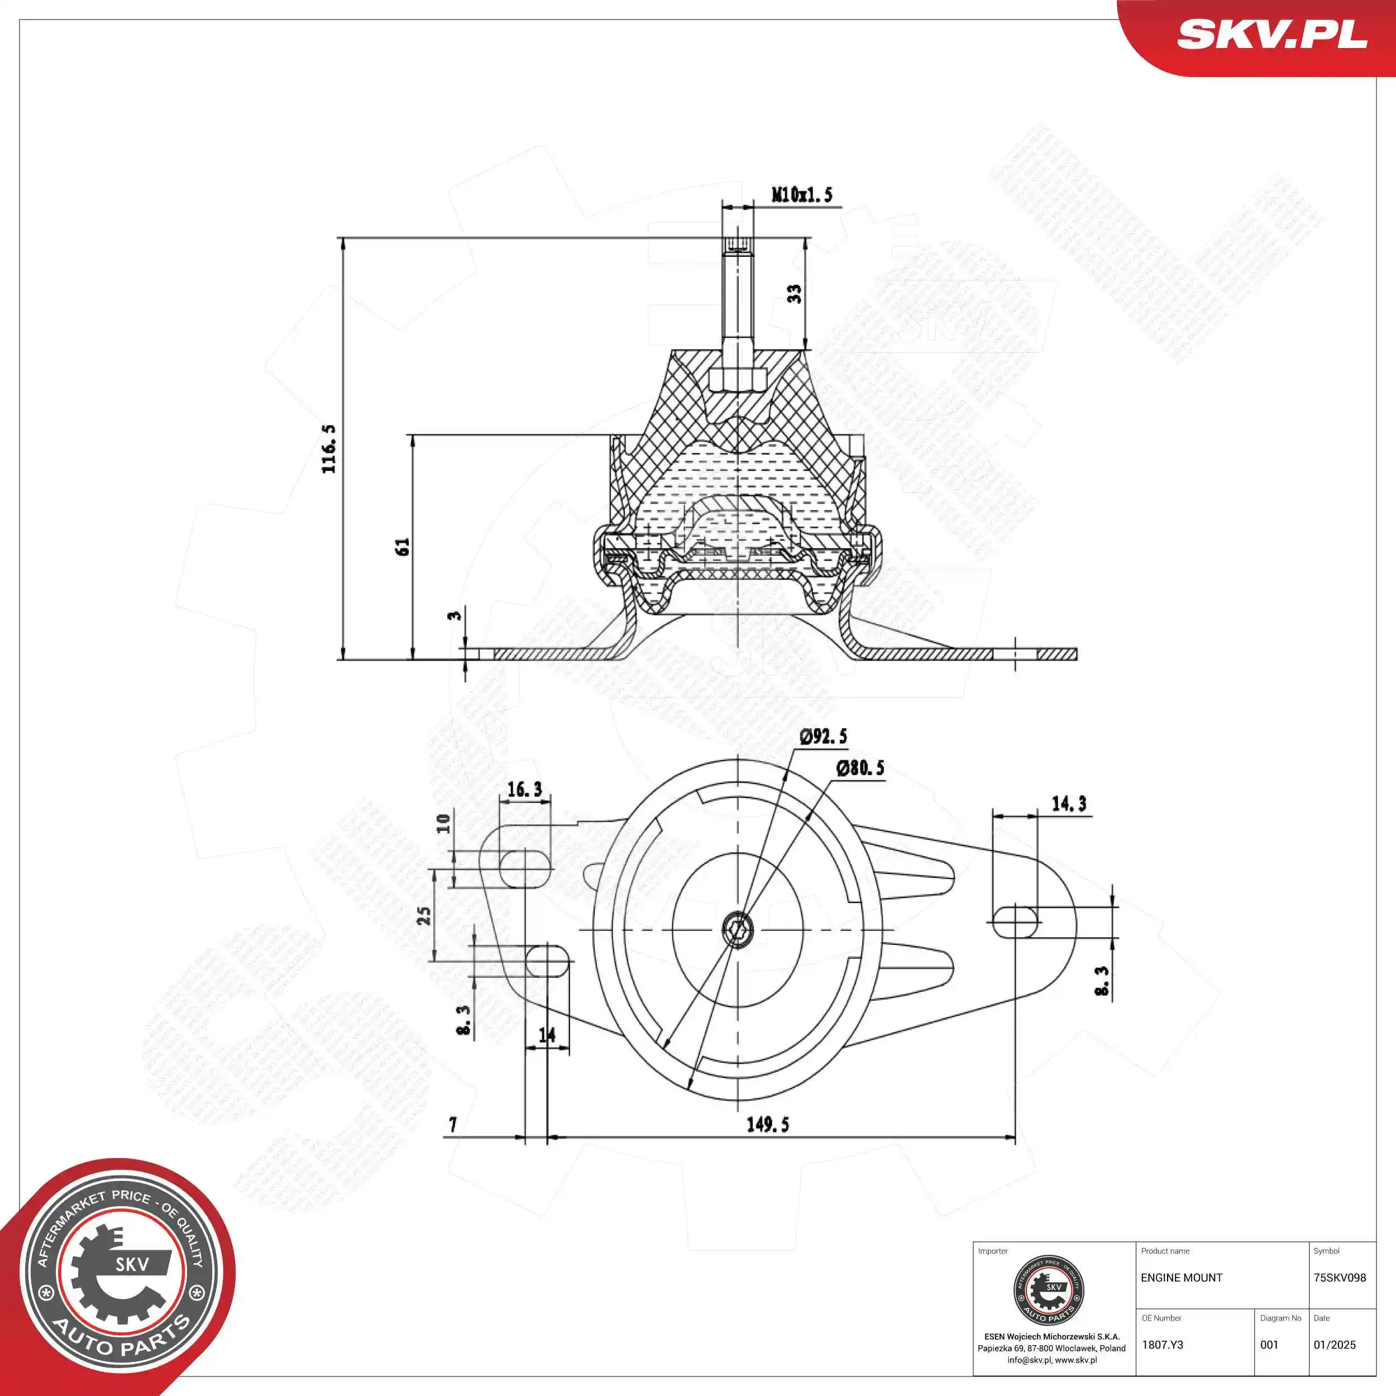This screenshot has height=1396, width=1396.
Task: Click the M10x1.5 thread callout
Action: coord(802,194)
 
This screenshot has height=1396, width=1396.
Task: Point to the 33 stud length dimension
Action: coord(794,293)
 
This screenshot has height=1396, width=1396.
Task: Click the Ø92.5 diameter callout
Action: coord(823,737)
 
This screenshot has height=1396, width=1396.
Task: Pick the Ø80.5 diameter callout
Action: coord(860,768)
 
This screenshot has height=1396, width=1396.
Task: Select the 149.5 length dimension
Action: coord(767,1124)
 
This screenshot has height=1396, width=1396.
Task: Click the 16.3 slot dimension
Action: coord(524,789)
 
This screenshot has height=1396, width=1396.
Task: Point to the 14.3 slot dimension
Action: coord(1069,804)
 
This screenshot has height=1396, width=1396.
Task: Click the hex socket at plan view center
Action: coord(738,929)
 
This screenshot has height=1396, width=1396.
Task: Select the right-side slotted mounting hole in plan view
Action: coord(1015,922)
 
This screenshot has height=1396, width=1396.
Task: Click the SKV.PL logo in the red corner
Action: coord(1271,35)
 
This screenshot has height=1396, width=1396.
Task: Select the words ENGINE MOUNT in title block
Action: coord(1182,1278)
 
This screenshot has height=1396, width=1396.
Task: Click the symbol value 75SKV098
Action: coord(1339,1278)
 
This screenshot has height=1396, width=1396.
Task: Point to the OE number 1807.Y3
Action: coord(1162,1345)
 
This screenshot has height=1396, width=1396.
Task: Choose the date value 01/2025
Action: coord(1334,1345)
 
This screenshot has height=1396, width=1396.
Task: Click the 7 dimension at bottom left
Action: coord(453,1124)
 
